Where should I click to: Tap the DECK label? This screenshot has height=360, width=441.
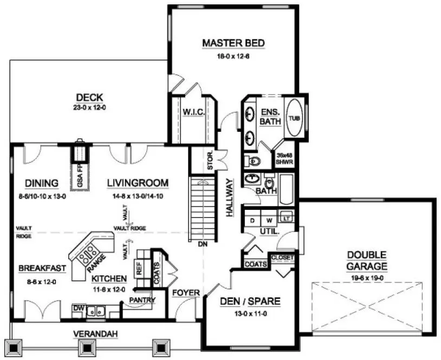point(90,98)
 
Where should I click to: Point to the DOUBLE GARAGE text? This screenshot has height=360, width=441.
point(367,260)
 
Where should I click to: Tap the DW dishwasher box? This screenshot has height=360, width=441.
point(79,308)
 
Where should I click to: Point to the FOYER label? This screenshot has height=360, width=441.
point(186,293)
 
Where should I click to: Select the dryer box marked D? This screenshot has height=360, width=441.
point(252,220)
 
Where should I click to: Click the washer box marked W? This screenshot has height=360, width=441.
point(269,220)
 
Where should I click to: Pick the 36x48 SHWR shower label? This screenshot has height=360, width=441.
point(285,158)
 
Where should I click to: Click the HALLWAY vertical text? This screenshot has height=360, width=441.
point(229,198)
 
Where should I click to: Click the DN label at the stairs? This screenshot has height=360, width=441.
point(203,245)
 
